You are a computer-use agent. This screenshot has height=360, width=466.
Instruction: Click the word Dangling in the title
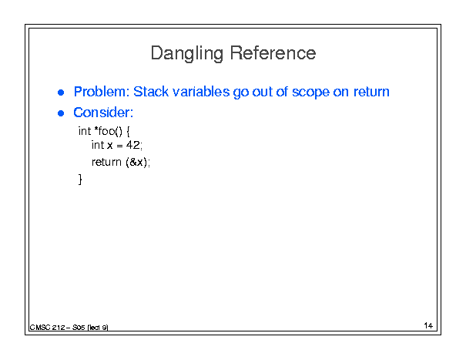point(187,54)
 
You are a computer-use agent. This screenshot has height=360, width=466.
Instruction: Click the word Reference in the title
point(273,53)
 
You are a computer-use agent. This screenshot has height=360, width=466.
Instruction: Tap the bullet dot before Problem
point(61,93)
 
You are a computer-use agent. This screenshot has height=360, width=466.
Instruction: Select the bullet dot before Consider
point(61,113)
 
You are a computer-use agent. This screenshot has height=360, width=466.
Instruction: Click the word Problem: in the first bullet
point(102,92)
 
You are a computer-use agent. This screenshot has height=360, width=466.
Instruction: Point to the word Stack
point(151,92)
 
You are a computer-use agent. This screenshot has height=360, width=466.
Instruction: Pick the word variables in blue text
point(201,92)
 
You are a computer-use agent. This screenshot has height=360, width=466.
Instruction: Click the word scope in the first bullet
point(310,93)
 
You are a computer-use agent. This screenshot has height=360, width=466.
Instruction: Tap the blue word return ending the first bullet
point(371,92)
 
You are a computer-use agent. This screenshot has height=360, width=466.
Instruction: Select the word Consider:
point(103,113)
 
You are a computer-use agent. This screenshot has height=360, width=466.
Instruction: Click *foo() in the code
point(108,131)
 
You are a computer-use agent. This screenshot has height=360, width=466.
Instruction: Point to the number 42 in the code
point(132,145)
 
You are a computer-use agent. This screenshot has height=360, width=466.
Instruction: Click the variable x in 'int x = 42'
point(110,146)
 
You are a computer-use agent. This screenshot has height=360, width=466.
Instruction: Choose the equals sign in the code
point(119,146)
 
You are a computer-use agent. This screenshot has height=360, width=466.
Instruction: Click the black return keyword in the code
point(106,163)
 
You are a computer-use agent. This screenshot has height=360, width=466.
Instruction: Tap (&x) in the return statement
point(136,163)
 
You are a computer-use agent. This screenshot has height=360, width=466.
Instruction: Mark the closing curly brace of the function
point(80,180)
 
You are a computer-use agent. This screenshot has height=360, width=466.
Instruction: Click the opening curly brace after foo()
point(128,131)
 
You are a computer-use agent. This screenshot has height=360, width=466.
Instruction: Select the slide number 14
point(428,325)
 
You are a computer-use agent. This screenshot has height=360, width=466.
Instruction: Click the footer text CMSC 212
point(47,328)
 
